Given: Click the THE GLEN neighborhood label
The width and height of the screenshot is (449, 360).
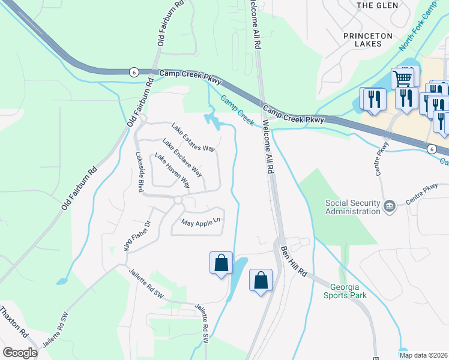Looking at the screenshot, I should pyautogui.click(x=374, y=5).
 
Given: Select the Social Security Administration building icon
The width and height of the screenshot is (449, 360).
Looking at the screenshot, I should pyautogui.click(x=390, y=206).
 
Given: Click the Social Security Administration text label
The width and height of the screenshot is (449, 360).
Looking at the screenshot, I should pyautogui.click(x=353, y=207).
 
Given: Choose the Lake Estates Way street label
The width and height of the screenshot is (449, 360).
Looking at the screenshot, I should pyautogui.click(x=193, y=137).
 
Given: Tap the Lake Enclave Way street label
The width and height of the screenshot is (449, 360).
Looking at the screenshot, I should pyautogui.click(x=182, y=158).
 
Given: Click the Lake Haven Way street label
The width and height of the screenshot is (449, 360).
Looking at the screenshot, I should pyautogui.click(x=172, y=170).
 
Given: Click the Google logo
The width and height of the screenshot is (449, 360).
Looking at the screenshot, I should pyautogui.click(x=20, y=353).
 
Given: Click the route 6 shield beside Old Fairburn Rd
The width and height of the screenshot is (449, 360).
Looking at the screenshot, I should pyautogui.click(x=133, y=72).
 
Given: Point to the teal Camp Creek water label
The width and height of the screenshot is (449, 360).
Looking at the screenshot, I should pyautogui.click(x=237, y=110).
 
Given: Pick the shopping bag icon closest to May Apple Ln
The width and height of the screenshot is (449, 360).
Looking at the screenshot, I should pyautogui.click(x=221, y=263).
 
